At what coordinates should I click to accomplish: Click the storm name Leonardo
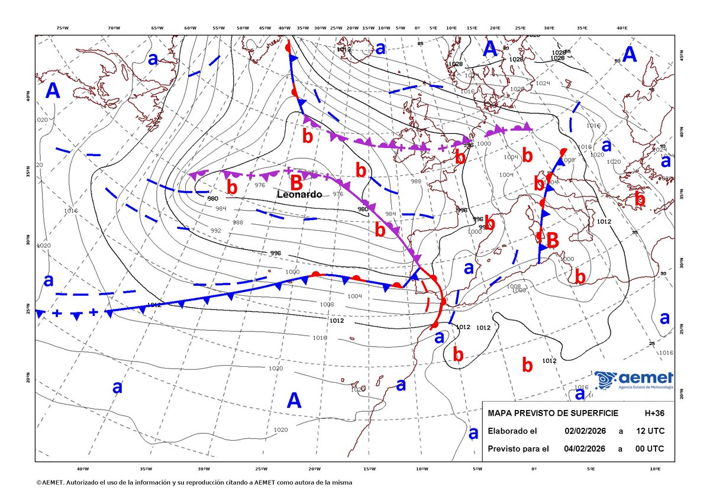[x=300, y=195]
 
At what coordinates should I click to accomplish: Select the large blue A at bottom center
[x=294, y=401]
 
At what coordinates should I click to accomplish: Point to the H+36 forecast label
[x=654, y=412]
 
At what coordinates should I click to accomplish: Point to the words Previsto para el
[x=518, y=448]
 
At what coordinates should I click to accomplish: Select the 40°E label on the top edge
[x=621, y=28]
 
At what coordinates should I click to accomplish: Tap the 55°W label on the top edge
[x=219, y=28]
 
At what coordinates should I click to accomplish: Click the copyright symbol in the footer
[x=38, y=483]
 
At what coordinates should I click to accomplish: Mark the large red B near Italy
[x=552, y=240]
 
